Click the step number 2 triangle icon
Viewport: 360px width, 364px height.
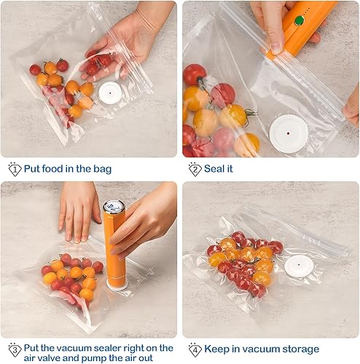tap(194, 169)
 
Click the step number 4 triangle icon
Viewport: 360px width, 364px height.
tap(194, 349)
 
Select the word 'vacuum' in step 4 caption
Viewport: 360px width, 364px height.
tap(254, 349)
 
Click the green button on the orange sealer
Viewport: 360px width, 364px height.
tap(297, 20)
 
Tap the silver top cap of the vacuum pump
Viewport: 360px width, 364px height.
tap(113, 207)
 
